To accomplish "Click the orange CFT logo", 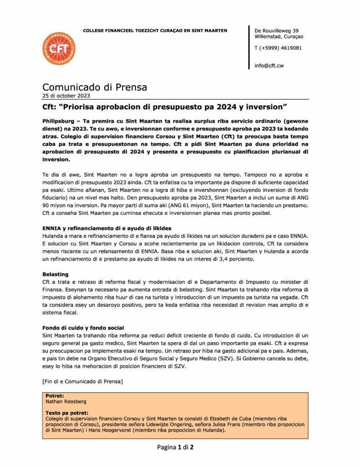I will point(58,48).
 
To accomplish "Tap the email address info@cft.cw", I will point(270,66).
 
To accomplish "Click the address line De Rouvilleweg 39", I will point(277,30).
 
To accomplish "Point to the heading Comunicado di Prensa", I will point(95,87).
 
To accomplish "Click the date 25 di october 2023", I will point(66,96).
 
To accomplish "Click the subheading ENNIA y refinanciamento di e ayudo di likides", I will point(113,228).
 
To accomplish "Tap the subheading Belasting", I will point(56,274).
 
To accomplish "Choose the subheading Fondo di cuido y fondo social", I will point(84,328).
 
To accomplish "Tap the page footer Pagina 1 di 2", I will point(176,447).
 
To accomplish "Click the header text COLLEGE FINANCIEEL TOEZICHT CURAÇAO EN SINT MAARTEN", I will point(155,30).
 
